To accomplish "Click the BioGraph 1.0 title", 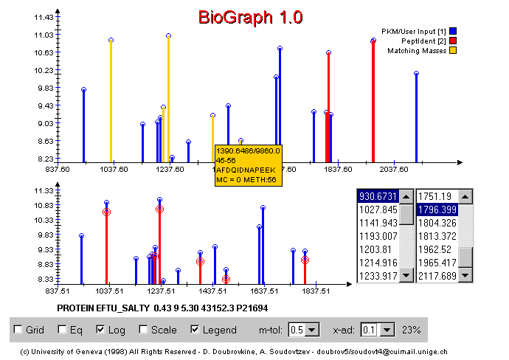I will (250, 17).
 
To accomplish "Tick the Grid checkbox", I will (17, 330).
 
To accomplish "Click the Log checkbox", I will (101, 330).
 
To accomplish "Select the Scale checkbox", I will (143, 330).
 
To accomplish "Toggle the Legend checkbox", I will (195, 330).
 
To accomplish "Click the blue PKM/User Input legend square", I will (452, 31).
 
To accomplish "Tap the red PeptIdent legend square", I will (452, 41).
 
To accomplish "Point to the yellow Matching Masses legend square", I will (452, 50).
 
